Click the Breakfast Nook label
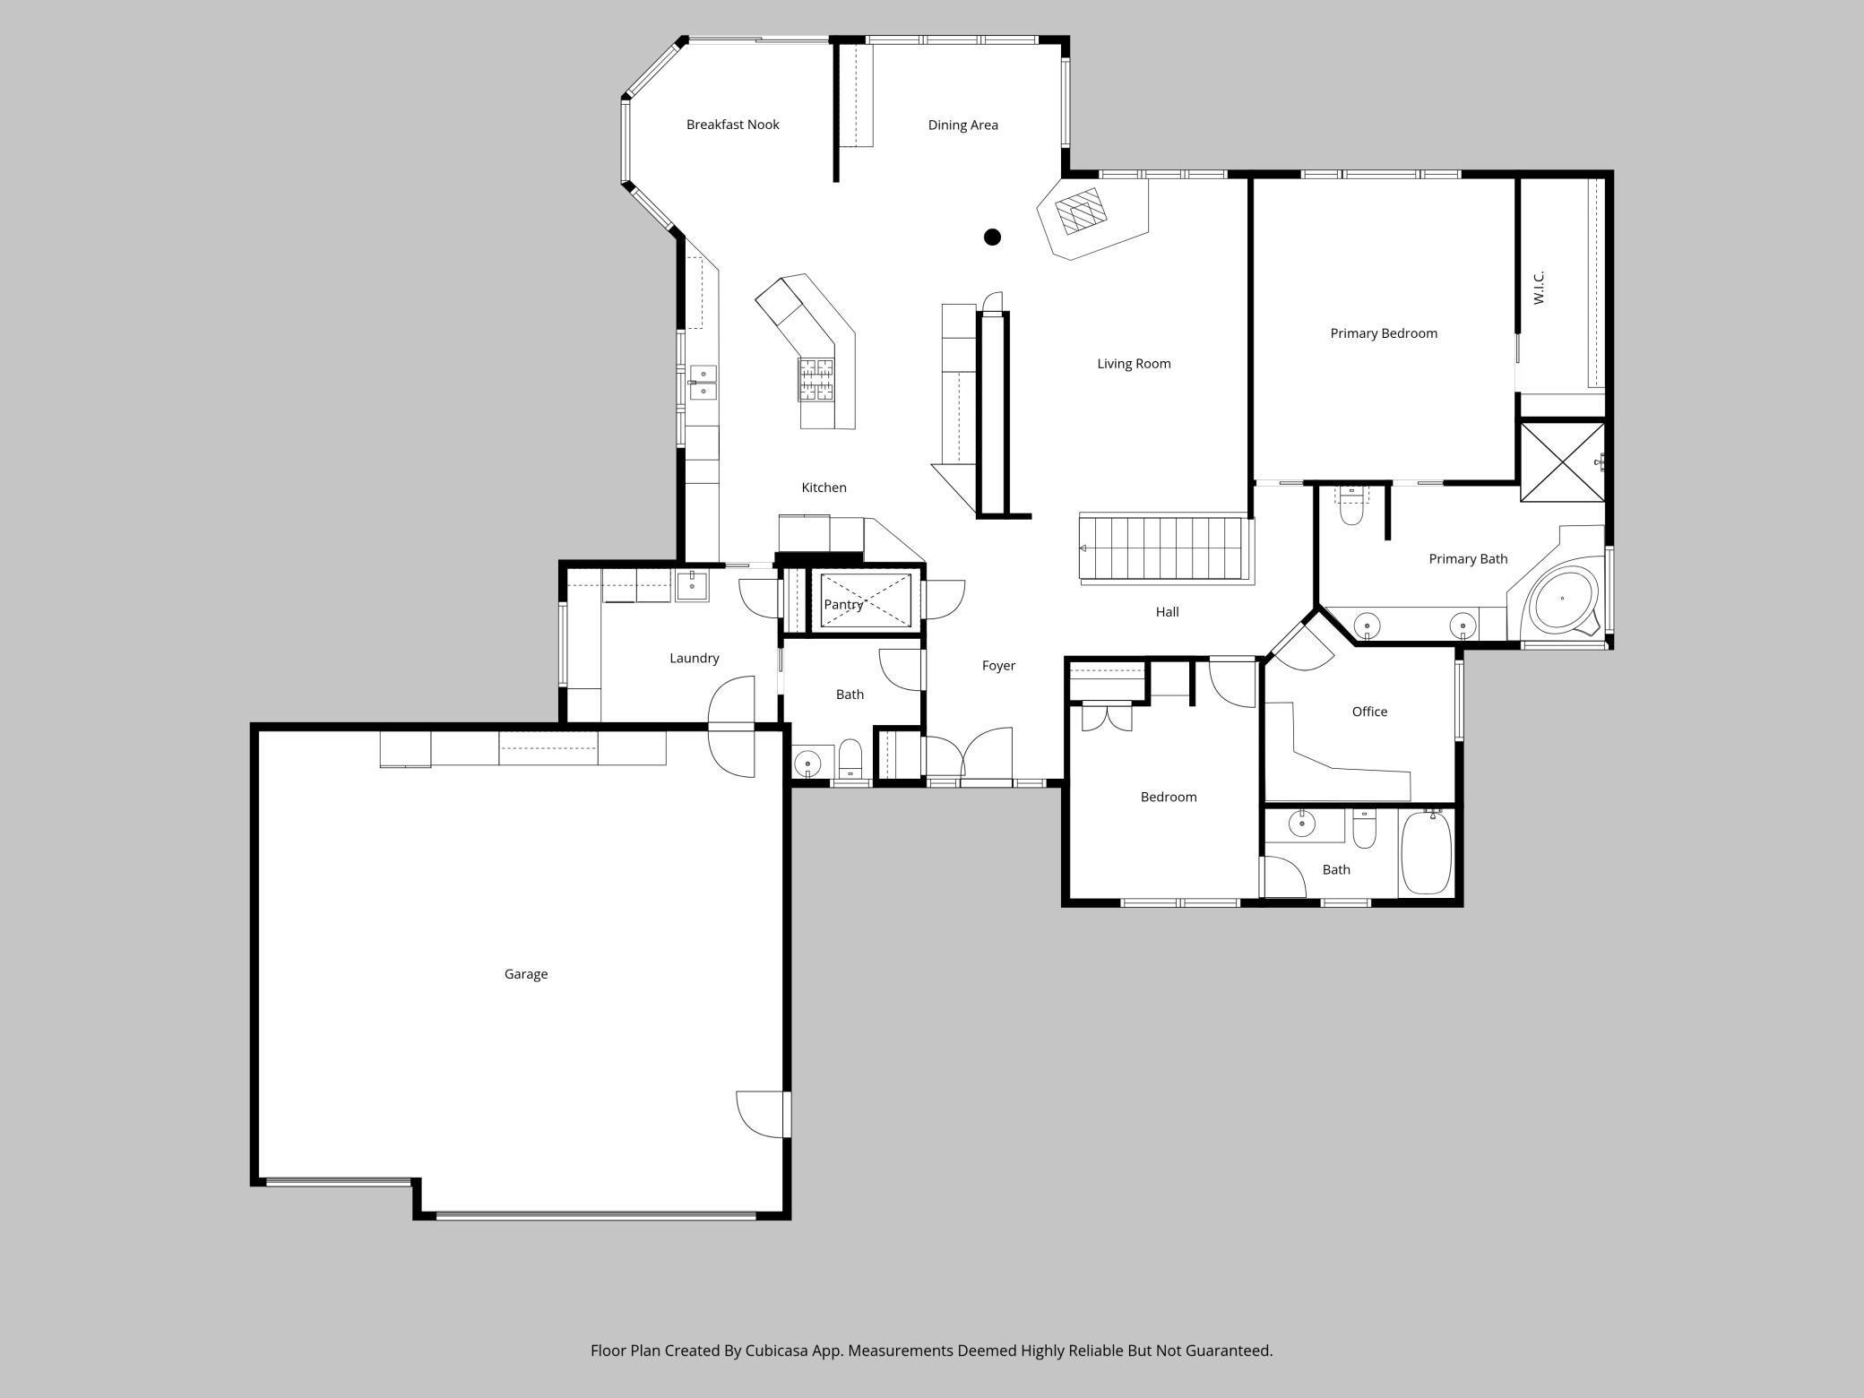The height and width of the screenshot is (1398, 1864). pyautogui.click(x=732, y=125)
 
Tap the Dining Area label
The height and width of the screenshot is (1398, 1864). pyautogui.click(x=962, y=125)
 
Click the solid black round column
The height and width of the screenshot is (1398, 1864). pyautogui.click(x=992, y=237)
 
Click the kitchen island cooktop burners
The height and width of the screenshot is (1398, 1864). pyautogui.click(x=816, y=378)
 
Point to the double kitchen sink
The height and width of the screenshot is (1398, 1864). pyautogui.click(x=703, y=383)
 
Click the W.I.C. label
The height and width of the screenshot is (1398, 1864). pyautogui.click(x=1539, y=288)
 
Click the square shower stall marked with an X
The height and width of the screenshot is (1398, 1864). pyautogui.click(x=1563, y=462)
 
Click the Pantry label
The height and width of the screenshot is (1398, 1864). pyautogui.click(x=843, y=605)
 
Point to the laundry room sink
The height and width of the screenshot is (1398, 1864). pyautogui.click(x=692, y=585)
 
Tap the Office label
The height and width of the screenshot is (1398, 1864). pyautogui.click(x=1369, y=712)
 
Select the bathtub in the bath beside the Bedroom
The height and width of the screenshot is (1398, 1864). pyautogui.click(x=1426, y=853)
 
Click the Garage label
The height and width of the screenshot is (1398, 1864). pyautogui.click(x=526, y=974)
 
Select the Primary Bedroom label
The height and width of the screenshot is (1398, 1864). pyautogui.click(x=1383, y=333)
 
